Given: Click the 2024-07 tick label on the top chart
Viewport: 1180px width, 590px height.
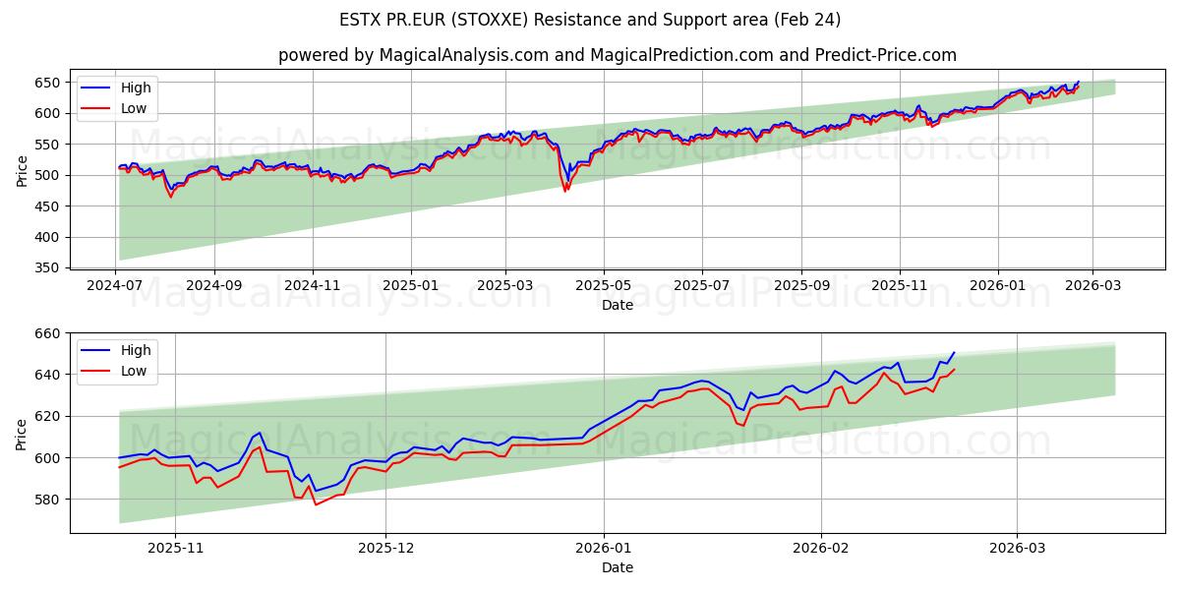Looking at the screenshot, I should (117, 286).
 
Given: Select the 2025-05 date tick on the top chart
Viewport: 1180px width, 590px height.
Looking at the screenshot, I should (604, 286).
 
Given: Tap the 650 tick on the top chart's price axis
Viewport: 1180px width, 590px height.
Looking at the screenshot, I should (48, 83).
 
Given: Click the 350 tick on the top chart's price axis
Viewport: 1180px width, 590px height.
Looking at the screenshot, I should (48, 267).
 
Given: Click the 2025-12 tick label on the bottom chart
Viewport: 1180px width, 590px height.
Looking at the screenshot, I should (385, 549).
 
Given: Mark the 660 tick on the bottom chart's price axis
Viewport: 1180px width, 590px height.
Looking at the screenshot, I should (48, 333).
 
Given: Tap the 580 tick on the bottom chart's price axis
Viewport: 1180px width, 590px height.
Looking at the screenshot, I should (48, 499).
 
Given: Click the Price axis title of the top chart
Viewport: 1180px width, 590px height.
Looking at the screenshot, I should (22, 169).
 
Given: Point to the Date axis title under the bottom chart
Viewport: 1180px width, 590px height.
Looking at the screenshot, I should (618, 567).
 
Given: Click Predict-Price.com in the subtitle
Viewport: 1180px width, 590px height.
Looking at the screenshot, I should (885, 55).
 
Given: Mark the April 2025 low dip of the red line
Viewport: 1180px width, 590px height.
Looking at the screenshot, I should (564, 190).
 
